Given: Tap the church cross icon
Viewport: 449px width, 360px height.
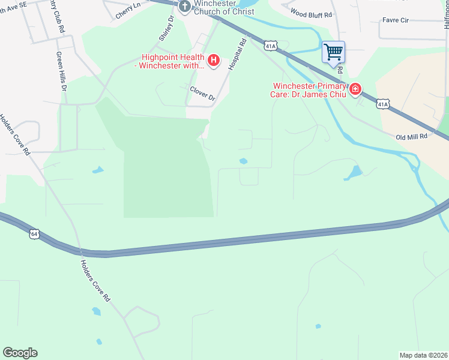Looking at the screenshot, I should (x=185, y=6).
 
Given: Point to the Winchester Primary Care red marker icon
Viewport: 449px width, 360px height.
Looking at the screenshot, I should (x=355, y=89).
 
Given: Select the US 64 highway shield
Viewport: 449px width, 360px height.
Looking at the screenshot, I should (x=34, y=233).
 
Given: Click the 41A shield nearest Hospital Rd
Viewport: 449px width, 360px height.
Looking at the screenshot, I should (x=271, y=45).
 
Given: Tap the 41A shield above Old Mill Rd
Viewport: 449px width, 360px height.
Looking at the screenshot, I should (x=383, y=104).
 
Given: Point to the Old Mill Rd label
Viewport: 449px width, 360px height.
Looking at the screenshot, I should (x=411, y=137).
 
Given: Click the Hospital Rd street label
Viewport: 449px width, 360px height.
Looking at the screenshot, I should (x=238, y=55).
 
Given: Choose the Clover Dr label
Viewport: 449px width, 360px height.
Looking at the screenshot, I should (x=202, y=93).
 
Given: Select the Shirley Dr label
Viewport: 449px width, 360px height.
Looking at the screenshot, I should (x=166, y=29).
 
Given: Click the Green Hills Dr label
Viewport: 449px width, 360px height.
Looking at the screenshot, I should (x=61, y=71).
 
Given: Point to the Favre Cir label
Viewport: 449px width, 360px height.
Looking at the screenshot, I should (x=396, y=20).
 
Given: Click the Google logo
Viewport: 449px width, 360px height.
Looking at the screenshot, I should (x=20, y=353).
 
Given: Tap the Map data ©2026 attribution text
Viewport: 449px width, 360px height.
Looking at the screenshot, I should (x=423, y=355).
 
